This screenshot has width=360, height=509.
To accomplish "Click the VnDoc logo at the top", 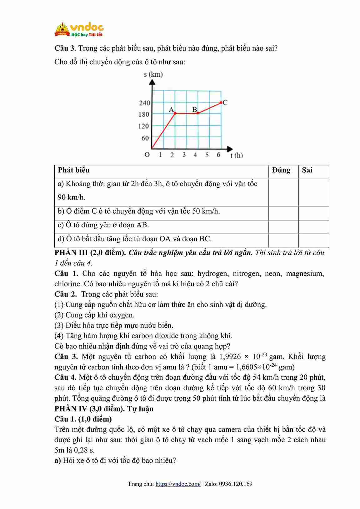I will [x=79, y=30].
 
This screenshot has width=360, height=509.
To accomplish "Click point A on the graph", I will [x=175, y=113].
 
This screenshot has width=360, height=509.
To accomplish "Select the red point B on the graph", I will [x=198, y=113].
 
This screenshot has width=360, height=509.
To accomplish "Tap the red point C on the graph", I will [x=221, y=102].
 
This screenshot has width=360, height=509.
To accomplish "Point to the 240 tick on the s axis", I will [x=144, y=103].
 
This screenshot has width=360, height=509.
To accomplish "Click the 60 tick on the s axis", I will [x=145, y=138].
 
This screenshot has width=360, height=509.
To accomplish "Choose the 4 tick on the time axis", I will [x=195, y=155].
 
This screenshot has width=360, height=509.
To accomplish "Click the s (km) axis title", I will [x=153, y=74].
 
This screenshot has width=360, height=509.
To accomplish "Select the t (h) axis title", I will [x=237, y=155].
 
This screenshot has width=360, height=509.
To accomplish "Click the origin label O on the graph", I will [x=147, y=155].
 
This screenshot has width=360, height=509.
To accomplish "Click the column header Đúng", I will [x=281, y=170].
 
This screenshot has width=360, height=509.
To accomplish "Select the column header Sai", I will [x=307, y=170].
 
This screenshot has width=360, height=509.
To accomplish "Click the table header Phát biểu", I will [x=74, y=170].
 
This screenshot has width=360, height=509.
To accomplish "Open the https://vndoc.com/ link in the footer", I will [x=178, y=484].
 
